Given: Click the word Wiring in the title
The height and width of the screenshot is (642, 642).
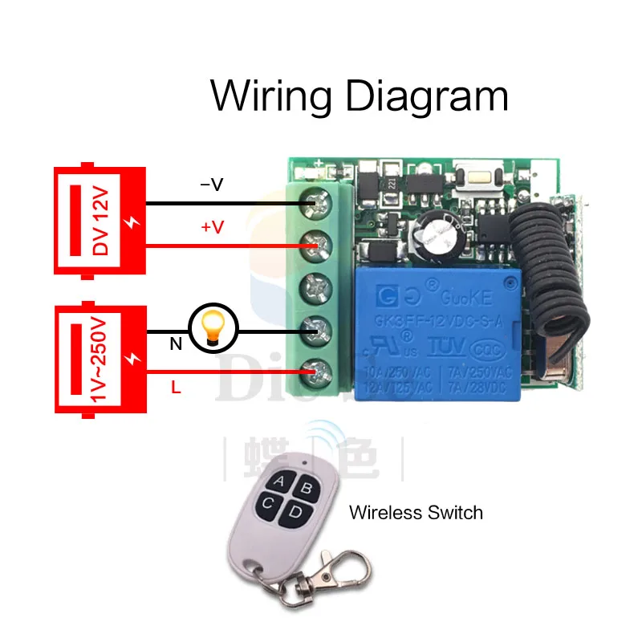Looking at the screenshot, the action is click(x=269, y=97).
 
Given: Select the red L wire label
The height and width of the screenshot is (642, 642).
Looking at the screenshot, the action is click(x=174, y=388).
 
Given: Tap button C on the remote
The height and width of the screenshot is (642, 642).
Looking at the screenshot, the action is click(x=266, y=505).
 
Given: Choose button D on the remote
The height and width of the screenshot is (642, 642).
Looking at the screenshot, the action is click(x=295, y=511).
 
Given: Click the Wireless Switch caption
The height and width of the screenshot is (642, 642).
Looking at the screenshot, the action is click(x=416, y=512).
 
